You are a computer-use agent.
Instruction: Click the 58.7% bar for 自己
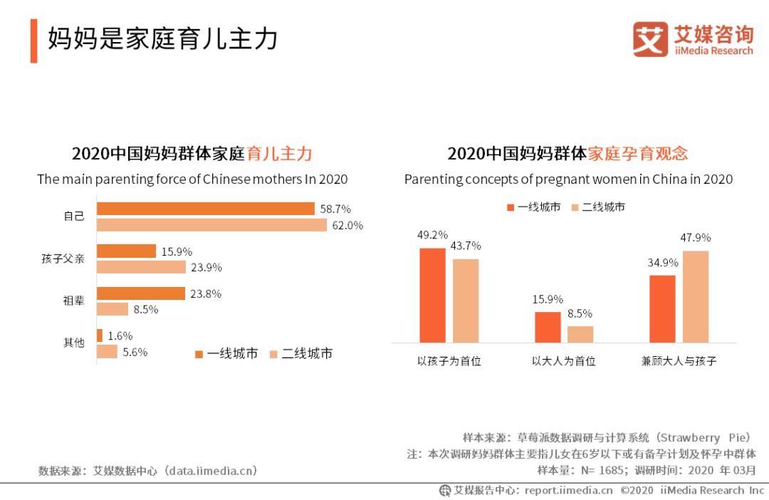(x=205, y=209)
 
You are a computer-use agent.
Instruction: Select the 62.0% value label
(x=349, y=226)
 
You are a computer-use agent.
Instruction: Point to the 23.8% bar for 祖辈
(x=140, y=293)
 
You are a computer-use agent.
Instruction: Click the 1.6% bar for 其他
(x=100, y=335)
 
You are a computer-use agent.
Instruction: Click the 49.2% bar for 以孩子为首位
(x=432, y=295)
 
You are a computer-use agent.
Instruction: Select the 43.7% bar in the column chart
(x=466, y=301)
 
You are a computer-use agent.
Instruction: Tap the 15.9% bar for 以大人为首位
(x=548, y=327)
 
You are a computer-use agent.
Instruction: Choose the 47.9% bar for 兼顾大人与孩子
(x=696, y=296)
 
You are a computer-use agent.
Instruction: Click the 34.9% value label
(x=663, y=263)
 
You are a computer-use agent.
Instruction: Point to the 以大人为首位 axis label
(x=563, y=361)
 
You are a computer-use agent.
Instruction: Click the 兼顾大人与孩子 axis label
(x=679, y=361)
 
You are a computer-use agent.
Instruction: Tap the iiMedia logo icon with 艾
(x=650, y=39)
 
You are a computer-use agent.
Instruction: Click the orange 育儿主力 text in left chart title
(x=279, y=153)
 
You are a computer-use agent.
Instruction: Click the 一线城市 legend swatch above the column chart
(x=510, y=207)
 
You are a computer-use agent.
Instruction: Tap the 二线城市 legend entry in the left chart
(x=300, y=354)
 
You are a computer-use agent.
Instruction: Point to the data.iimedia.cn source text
(x=210, y=471)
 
